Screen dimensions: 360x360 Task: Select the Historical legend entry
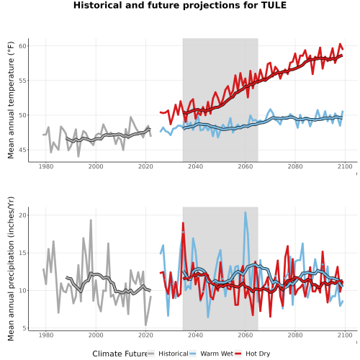(x=168, y=354)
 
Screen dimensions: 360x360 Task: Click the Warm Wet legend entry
(x=211, y=354)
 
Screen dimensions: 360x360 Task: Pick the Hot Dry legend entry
(x=252, y=354)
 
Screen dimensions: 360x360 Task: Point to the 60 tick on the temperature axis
(x=22, y=46)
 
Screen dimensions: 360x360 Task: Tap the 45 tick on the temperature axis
(x=22, y=150)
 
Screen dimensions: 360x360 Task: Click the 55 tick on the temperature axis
(x=22, y=81)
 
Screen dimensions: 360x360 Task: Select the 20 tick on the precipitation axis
(x=22, y=215)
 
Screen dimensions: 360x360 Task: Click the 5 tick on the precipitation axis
(x=24, y=328)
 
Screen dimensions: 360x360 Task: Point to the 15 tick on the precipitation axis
(x=22, y=253)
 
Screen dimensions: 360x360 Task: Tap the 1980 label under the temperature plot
(x=46, y=166)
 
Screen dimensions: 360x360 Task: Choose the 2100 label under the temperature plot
(x=345, y=166)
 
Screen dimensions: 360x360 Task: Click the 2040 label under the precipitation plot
(x=196, y=335)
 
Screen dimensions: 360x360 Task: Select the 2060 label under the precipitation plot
(x=246, y=335)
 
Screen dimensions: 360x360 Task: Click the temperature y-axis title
(x=11, y=100)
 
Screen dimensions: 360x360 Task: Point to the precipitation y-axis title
(x=11, y=269)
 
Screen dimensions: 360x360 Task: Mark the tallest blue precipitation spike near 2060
(x=246, y=212)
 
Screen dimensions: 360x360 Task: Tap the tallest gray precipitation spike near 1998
(x=91, y=220)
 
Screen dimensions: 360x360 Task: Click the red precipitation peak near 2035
(x=183, y=223)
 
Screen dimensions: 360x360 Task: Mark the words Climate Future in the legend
(x=120, y=354)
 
